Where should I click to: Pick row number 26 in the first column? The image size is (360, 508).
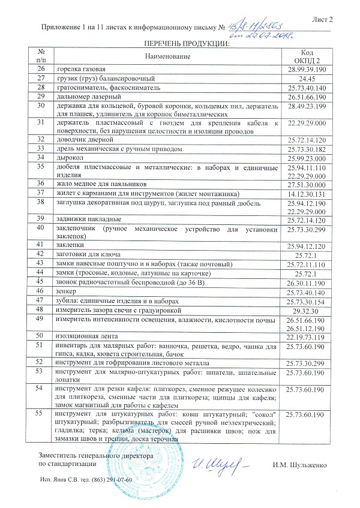click(41, 70)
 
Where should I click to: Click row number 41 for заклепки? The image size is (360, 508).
click(41, 245)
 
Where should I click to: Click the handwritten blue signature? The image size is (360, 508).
click(215, 464)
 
